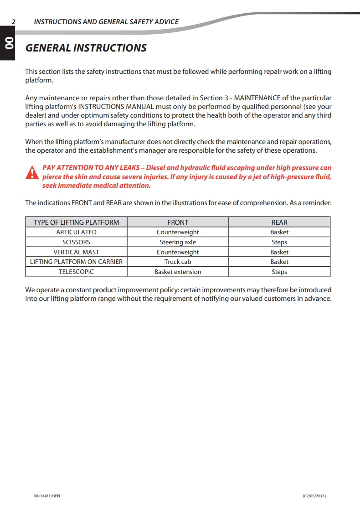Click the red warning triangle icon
[32, 173]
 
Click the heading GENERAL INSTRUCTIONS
[86, 48]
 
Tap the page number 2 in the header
[14, 21]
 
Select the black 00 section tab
[8, 43]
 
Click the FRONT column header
[178, 222]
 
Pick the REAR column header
[279, 222]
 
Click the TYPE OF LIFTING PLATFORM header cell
[76, 222]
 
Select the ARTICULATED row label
[76, 232]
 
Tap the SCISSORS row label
[76, 242]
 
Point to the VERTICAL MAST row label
[76, 252]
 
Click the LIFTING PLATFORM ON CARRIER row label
[76, 262]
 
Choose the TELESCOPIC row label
[76, 272]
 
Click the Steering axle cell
[178, 242]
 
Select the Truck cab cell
[178, 262]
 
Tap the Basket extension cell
[178, 272]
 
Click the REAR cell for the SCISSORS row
[279, 242]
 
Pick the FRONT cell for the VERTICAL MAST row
[178, 252]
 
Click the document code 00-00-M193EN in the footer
[47, 496]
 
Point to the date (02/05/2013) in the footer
[314, 496]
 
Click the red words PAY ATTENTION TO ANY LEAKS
[91, 168]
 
